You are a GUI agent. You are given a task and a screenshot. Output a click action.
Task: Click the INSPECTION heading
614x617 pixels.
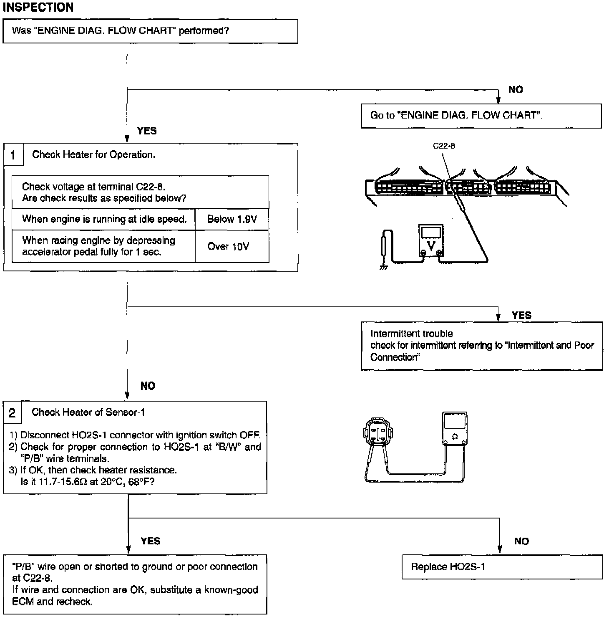pyautogui.click(x=38, y=7)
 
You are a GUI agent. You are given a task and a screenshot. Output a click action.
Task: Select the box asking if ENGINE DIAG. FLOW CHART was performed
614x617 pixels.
pyautogui.click(x=150, y=31)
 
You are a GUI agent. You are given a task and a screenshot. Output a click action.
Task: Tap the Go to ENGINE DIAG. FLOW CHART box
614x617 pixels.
pyautogui.click(x=481, y=116)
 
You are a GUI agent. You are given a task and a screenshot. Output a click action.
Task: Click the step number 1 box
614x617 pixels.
pyautogui.click(x=13, y=155)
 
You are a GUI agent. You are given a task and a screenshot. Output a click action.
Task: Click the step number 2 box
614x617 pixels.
pyautogui.click(x=12, y=413)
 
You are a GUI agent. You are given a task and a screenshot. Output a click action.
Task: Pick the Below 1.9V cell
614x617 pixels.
pyautogui.click(x=232, y=219)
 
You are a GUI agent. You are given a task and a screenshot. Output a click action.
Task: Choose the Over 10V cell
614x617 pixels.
pyautogui.click(x=228, y=246)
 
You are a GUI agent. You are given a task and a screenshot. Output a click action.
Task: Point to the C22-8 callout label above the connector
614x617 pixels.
pyautogui.click(x=444, y=146)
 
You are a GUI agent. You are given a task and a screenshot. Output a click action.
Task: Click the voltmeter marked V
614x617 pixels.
pyautogui.click(x=431, y=241)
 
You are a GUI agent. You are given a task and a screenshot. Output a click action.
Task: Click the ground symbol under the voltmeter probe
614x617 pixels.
pyautogui.click(x=383, y=266)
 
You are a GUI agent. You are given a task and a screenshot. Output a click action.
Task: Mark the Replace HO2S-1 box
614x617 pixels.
pyautogui.click(x=502, y=567)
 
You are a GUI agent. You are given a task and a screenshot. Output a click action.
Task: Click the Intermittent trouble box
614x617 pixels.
pyautogui.click(x=482, y=346)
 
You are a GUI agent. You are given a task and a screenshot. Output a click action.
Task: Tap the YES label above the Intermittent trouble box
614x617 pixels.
pyautogui.click(x=521, y=315)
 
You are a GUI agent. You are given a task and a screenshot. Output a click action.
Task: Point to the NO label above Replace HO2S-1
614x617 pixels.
pyautogui.click(x=521, y=541)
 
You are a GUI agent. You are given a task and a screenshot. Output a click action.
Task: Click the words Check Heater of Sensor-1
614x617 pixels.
pyautogui.click(x=88, y=412)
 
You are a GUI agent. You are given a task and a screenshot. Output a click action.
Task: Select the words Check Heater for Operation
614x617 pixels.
pyautogui.click(x=93, y=154)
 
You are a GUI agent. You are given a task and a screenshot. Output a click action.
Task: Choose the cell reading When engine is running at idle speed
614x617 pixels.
pyautogui.click(x=104, y=219)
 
